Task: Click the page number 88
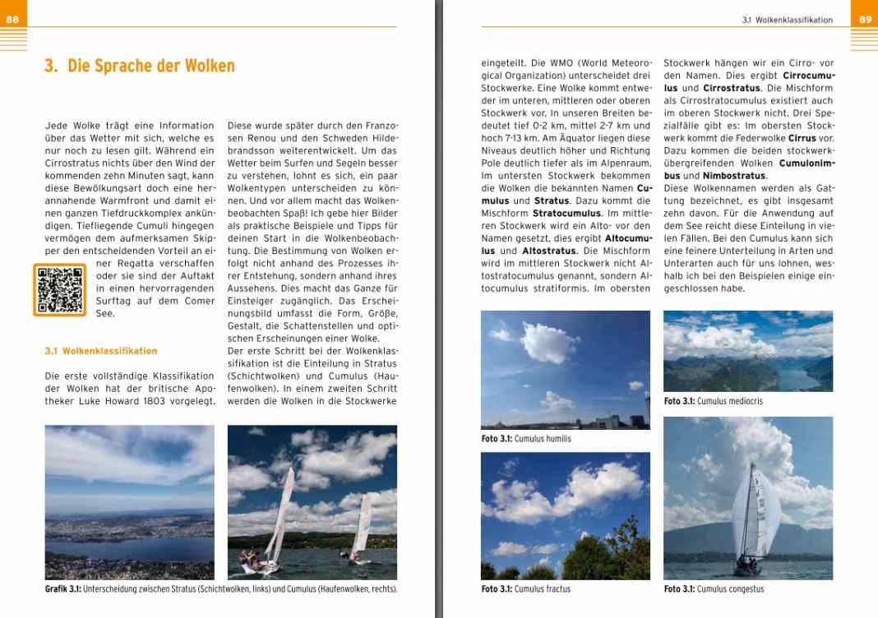(x=12, y=19)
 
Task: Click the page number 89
(x=865, y=19)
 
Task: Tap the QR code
(x=59, y=290)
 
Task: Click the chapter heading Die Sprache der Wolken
(x=140, y=66)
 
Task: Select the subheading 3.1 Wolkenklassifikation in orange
(x=101, y=351)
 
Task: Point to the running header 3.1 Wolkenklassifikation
(x=787, y=20)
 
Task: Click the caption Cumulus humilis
(x=543, y=439)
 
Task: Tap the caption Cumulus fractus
(x=542, y=588)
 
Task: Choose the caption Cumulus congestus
(x=730, y=588)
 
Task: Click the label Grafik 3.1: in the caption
(x=62, y=588)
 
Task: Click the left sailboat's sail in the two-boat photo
(x=280, y=514)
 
